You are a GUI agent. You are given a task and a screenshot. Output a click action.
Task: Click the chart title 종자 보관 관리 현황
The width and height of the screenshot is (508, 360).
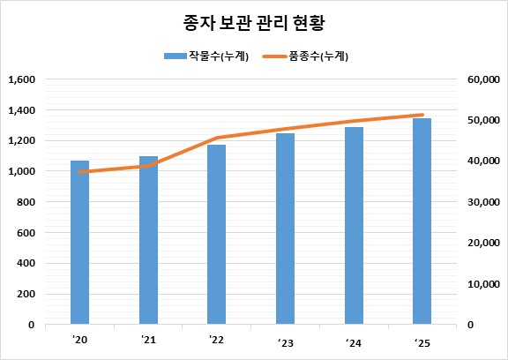[255, 20]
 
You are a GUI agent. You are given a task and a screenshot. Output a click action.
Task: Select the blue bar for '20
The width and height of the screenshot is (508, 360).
[80, 243]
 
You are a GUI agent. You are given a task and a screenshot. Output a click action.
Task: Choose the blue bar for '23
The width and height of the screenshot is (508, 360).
[285, 229]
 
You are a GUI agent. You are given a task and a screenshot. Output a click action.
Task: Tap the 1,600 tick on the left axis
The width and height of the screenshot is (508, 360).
[19, 79]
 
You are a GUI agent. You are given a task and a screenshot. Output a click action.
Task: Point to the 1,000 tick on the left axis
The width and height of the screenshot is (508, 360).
[19, 171]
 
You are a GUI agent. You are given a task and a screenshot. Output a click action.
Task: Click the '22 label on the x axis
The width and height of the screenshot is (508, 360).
[217, 339]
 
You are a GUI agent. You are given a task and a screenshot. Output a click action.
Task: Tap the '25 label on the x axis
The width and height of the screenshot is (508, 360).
[422, 341]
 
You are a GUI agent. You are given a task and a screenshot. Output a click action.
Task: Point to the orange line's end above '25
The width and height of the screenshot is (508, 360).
[423, 115]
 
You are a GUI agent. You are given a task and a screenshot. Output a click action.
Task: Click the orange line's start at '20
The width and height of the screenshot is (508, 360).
[80, 172]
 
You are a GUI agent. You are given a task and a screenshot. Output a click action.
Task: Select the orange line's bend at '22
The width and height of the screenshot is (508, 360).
[217, 139]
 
